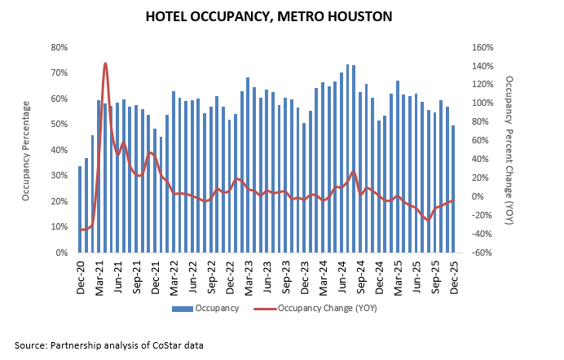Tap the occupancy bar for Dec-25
(453, 189)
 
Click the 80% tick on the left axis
(59, 47)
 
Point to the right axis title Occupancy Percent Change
(509, 151)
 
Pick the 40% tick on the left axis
(59, 150)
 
